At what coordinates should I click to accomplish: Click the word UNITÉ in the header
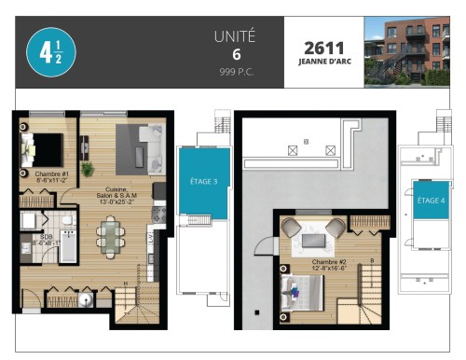pos(234,37)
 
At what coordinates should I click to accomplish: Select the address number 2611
pos(322,46)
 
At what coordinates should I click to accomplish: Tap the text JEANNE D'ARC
pos(322,62)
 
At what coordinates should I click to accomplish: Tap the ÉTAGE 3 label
pos(203,181)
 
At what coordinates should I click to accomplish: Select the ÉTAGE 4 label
pos(431,200)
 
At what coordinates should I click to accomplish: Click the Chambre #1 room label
pos(50,177)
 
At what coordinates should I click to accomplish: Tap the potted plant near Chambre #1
pos(88,169)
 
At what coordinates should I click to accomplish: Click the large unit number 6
pos(234,55)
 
